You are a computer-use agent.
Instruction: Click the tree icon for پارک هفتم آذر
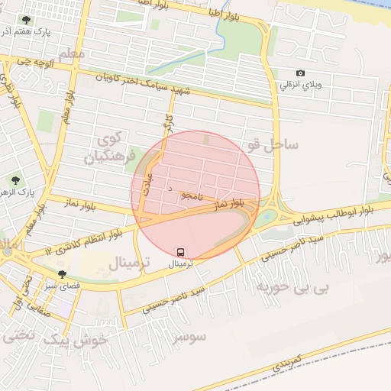click(27, 20)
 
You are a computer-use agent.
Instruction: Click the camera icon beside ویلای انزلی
click(300, 73)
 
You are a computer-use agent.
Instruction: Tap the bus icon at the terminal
click(181, 251)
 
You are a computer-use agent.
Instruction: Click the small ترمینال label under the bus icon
click(181, 263)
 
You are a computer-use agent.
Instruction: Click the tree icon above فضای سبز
click(62, 273)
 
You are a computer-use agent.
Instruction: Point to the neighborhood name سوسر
click(190, 336)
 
